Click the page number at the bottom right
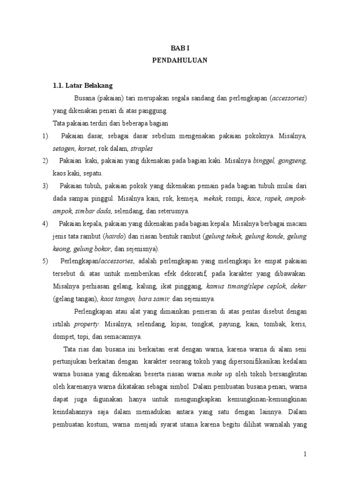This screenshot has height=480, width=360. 305,454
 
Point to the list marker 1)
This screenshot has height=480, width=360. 45,136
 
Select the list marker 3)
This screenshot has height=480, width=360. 45,186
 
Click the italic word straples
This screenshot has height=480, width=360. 142,149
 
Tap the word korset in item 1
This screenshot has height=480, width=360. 87,149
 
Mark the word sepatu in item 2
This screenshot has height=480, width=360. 99,173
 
